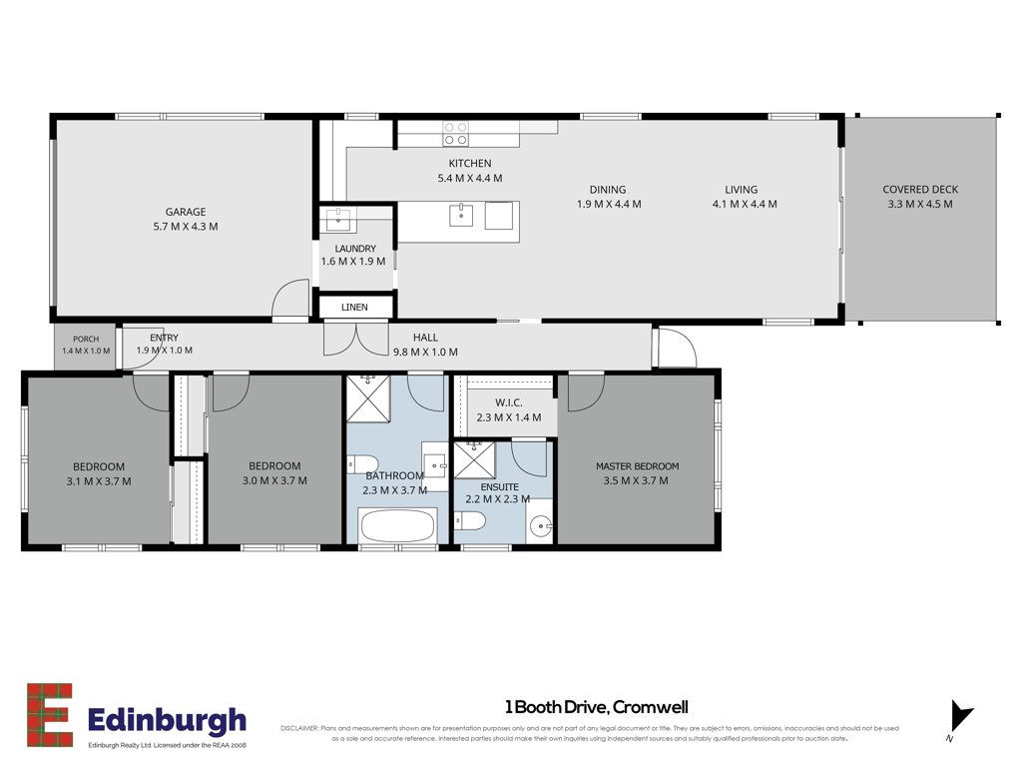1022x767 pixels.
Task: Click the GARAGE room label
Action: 185,212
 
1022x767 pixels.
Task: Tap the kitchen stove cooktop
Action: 455,133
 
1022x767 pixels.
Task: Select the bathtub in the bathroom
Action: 397,525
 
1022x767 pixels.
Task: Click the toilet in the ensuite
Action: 470,521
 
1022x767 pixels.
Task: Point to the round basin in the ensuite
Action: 541,525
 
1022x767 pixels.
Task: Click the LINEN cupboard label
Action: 354,307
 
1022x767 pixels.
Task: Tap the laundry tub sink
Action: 338,220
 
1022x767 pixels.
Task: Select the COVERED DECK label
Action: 920,189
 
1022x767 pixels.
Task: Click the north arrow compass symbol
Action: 960,717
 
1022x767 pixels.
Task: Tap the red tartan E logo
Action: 50,715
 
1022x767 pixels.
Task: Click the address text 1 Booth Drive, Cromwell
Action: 597,707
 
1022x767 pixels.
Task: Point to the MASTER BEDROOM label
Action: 638,465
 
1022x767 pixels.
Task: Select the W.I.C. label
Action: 508,402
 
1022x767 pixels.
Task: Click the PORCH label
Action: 86,340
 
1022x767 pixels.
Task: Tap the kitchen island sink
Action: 461,214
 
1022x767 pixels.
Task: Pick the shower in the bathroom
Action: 368,398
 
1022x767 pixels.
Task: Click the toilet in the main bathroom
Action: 362,463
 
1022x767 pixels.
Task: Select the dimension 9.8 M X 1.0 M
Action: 425,353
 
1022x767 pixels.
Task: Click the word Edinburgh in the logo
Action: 167,721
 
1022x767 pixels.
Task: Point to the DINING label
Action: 608,189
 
